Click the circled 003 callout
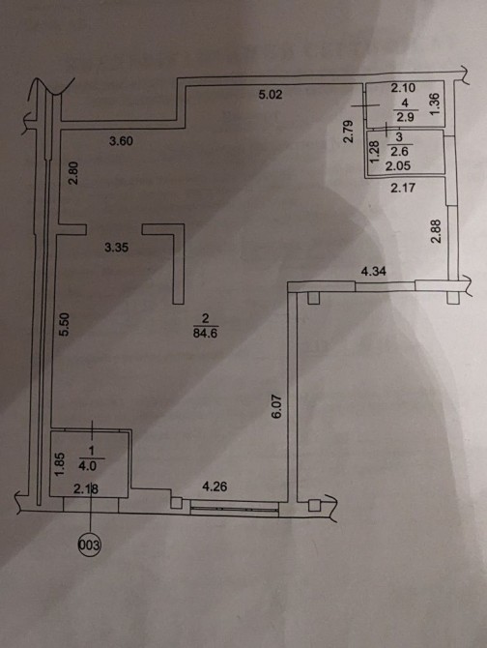89,545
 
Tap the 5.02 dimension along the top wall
271,95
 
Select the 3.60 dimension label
121,141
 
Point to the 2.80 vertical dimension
72,173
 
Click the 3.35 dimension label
116,248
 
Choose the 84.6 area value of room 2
205,333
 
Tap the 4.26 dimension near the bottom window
215,486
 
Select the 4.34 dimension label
374,272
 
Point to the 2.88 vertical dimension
437,230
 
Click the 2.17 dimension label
403,189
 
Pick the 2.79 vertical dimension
349,132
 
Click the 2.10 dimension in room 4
403,88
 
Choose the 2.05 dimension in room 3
398,166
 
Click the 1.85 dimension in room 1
60,464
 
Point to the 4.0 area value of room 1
88,466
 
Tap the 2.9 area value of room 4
405,117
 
